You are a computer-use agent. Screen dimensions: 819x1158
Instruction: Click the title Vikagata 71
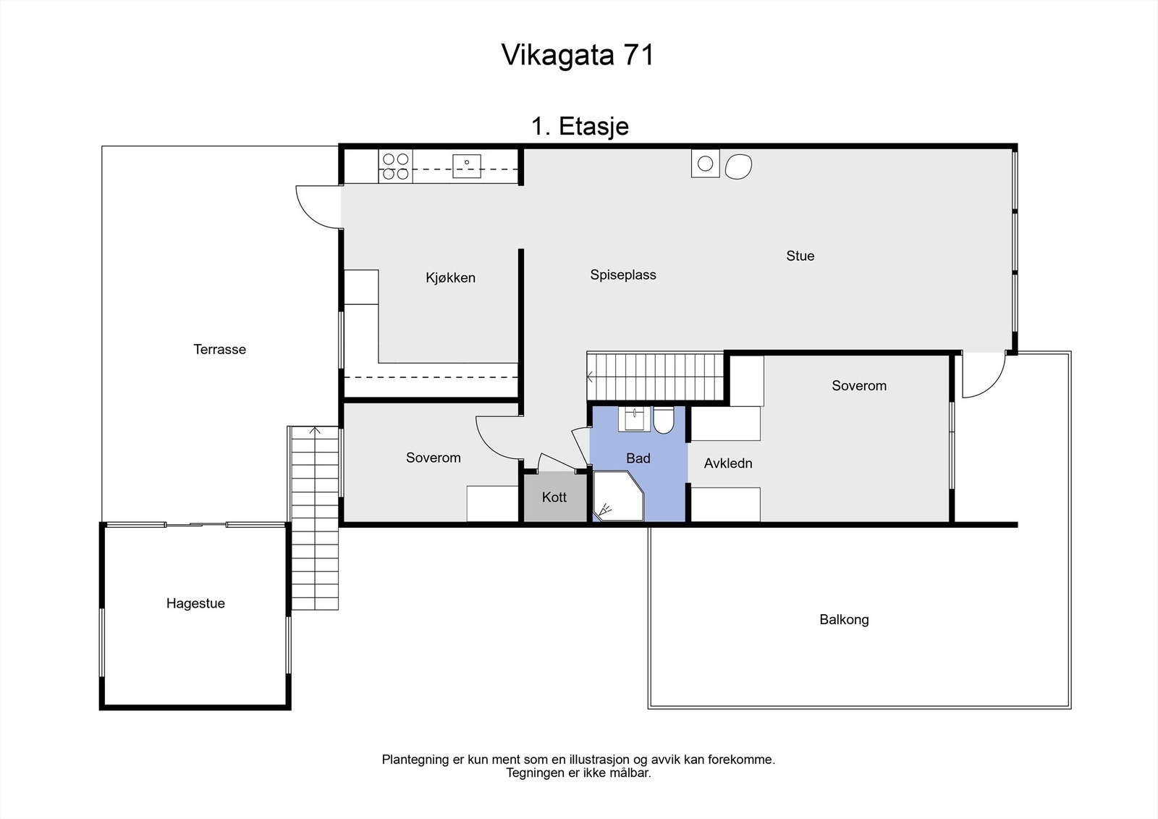578,55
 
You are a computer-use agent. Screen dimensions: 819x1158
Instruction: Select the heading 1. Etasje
580,127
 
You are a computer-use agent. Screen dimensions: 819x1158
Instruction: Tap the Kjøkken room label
450,278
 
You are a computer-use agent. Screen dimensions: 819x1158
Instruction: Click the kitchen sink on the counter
467,166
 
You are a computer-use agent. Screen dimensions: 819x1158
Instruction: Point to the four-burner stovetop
395,166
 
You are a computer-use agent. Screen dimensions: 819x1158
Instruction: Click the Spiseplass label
622,275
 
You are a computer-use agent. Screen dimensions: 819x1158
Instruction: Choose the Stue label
800,256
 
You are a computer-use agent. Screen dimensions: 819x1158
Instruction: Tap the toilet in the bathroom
664,420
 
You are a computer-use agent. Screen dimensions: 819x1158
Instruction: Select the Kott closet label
554,497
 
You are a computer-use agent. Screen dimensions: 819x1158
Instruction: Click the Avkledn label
728,463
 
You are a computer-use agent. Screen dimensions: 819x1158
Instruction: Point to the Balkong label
844,620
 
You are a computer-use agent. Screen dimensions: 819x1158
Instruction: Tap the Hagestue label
195,604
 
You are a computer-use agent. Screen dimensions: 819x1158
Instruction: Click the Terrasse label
219,350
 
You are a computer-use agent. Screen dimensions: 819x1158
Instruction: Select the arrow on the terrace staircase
314,432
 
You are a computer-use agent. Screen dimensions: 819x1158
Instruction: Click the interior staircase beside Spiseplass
655,377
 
